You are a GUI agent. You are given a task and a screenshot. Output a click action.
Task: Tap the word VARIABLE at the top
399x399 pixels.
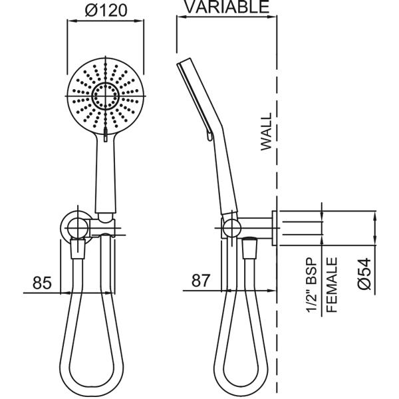tap(226, 7)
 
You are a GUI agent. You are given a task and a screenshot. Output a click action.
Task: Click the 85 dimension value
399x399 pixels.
tap(41, 283)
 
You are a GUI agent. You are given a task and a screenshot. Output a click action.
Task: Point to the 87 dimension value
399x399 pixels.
tap(201, 281)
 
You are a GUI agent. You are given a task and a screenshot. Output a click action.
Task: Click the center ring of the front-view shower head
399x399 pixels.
tap(105, 97)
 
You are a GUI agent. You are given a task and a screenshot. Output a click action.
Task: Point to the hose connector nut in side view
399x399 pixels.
tap(251, 252)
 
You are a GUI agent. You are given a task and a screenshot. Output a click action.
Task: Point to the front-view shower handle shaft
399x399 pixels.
tap(106, 173)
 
